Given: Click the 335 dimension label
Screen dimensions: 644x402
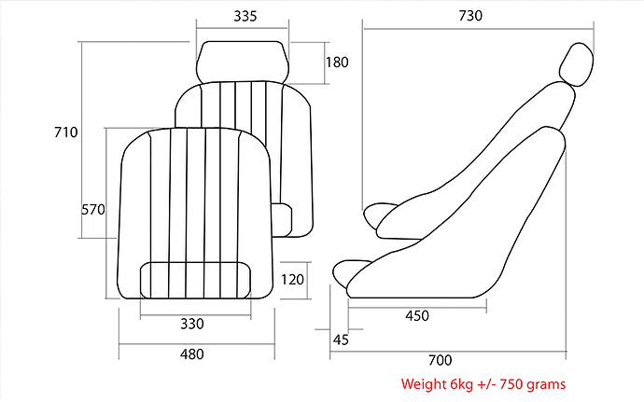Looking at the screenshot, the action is pos(245,16).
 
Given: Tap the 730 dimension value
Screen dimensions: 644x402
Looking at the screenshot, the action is pos(470,16).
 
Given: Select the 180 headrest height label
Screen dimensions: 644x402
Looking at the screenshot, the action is pos(337,62).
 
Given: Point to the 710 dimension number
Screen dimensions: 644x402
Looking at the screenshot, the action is pos(65,132).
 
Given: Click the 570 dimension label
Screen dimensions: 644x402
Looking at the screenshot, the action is pos(93,210).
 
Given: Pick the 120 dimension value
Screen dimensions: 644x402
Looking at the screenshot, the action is pos(292,280).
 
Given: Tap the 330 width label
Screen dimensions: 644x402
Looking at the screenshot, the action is pos(192,324).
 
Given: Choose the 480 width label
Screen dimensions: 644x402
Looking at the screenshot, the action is pos(192,353).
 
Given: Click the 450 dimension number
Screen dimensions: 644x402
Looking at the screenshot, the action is pos(417,316).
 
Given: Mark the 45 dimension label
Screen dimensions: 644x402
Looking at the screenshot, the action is pos(341,340).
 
